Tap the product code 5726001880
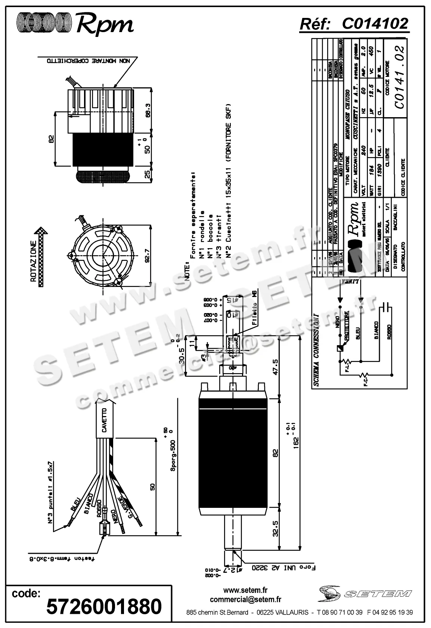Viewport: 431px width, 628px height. click(x=104, y=607)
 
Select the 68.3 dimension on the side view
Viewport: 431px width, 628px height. click(x=148, y=110)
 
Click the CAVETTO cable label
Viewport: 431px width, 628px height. click(x=105, y=420)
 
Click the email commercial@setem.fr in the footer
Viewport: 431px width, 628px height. click(x=245, y=600)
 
